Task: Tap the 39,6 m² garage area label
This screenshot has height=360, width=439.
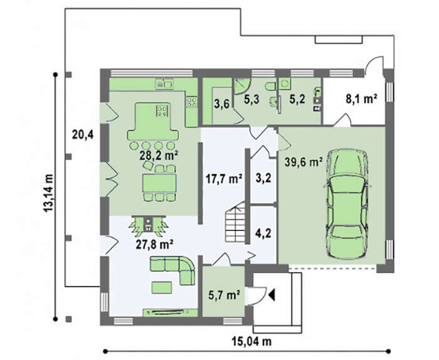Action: (304, 162)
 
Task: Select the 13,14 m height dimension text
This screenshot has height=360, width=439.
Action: (48, 193)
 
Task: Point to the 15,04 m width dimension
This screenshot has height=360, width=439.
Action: (251, 341)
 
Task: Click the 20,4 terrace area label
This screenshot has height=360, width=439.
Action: (83, 135)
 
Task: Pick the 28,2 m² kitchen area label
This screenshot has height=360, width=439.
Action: (159, 156)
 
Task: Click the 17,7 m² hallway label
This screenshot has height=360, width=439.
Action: (224, 178)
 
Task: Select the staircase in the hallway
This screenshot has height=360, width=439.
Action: (235, 222)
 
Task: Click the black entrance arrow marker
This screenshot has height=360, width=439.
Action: (272, 295)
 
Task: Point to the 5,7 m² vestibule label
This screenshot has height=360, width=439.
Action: (224, 295)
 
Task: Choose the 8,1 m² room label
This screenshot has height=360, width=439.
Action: (361, 99)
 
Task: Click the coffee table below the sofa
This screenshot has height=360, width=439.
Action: (162, 287)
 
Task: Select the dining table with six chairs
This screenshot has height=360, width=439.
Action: (159, 183)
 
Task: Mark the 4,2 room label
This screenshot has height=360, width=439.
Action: (263, 233)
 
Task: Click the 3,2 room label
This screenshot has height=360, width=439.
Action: (263, 177)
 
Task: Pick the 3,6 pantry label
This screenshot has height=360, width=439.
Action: (222, 104)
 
